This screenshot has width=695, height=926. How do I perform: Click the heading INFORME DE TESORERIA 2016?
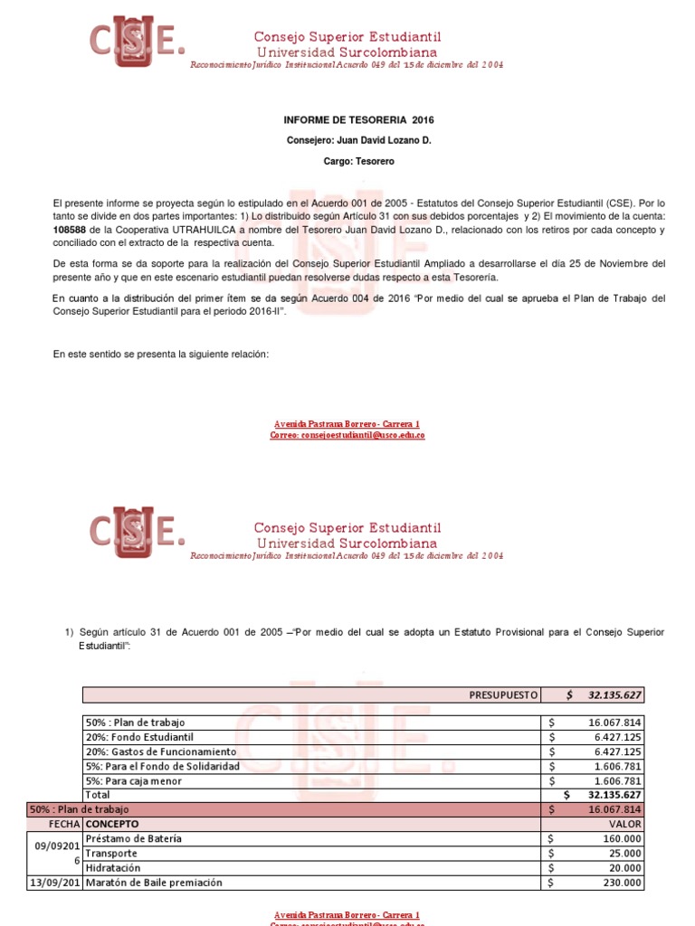point(352,119)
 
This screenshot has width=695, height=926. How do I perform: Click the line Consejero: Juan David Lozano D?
point(359,140)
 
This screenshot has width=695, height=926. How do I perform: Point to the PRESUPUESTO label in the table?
point(504,694)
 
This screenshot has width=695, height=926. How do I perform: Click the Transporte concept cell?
point(111,853)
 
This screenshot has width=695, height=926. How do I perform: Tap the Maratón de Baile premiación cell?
point(153,882)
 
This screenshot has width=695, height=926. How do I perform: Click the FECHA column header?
point(63,824)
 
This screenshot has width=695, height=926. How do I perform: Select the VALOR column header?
point(625,824)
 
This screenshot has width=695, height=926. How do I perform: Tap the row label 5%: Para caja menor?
point(133,780)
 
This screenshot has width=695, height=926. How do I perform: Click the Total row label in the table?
point(97,795)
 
